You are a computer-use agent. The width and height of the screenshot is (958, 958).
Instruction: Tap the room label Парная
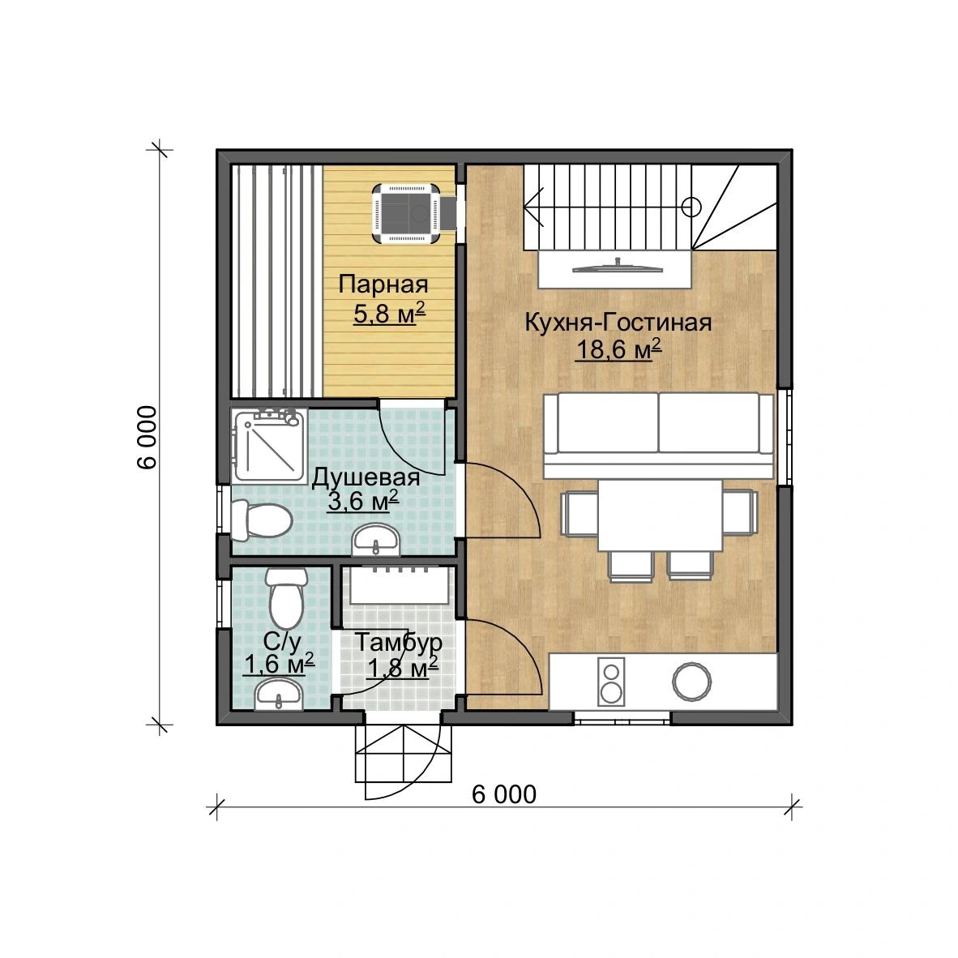(383, 284)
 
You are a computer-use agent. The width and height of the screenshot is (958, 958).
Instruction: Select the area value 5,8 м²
(389, 314)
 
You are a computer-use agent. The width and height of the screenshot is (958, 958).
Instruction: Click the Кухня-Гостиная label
(618, 323)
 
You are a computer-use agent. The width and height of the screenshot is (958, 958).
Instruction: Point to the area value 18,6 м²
(618, 349)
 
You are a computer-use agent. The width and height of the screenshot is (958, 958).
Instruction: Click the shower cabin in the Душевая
(269, 446)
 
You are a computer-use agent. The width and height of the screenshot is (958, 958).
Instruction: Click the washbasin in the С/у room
(279, 695)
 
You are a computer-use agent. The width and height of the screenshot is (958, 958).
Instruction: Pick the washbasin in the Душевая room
(376, 540)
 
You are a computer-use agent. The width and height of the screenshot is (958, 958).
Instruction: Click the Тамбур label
(398, 642)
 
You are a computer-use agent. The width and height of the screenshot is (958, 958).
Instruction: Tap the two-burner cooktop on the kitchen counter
(611, 682)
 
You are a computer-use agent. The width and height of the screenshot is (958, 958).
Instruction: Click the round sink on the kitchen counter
(691, 682)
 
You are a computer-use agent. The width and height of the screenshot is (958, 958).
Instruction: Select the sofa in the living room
(658, 435)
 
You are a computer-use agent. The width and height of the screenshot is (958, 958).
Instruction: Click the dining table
(661, 515)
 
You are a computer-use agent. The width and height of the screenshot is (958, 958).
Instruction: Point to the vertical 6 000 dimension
(147, 438)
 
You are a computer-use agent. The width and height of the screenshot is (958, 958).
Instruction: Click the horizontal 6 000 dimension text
(504, 794)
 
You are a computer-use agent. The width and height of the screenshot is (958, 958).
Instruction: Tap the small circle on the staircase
(691, 207)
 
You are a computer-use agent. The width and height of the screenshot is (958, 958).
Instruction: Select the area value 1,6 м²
(279, 664)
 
